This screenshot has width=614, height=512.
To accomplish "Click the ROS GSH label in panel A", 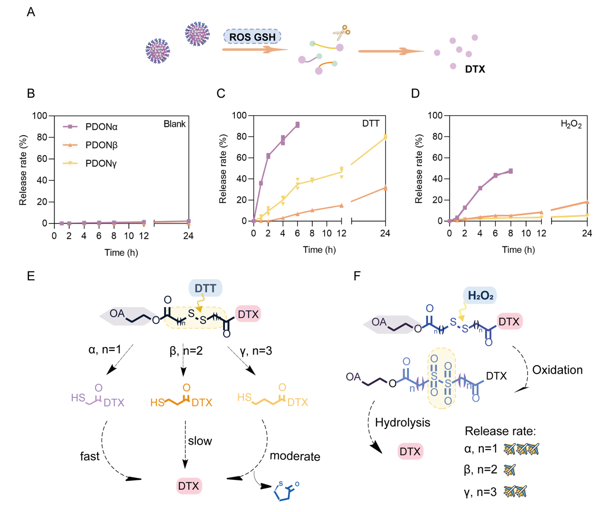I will pos(252,37).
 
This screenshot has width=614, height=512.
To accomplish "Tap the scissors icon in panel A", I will pos(342,33).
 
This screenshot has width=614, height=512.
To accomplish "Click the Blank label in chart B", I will pos(174,124).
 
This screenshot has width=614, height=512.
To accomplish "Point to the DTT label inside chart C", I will pos(371,123).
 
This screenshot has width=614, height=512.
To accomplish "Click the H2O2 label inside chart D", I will pos(571,124).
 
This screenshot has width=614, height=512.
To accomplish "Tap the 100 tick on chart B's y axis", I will pos(40,116).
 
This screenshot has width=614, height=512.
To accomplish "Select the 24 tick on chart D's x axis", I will pos(587,234).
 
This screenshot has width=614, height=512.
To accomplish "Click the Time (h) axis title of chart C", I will pos(319,250).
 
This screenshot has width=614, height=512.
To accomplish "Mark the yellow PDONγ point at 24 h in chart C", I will pos(386,137).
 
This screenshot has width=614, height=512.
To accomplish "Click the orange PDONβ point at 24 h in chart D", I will pos(587,202).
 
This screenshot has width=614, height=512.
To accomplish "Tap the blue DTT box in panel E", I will pos(205,288).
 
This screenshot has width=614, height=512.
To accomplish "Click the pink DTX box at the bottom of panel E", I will pos(189,486).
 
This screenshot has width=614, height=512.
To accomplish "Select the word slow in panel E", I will pos(200,441).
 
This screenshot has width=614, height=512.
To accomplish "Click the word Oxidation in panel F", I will pos(557,370).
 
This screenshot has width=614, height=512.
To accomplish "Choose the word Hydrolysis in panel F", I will pos(403,423).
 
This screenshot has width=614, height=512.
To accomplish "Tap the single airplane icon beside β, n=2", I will pos(510,470).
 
